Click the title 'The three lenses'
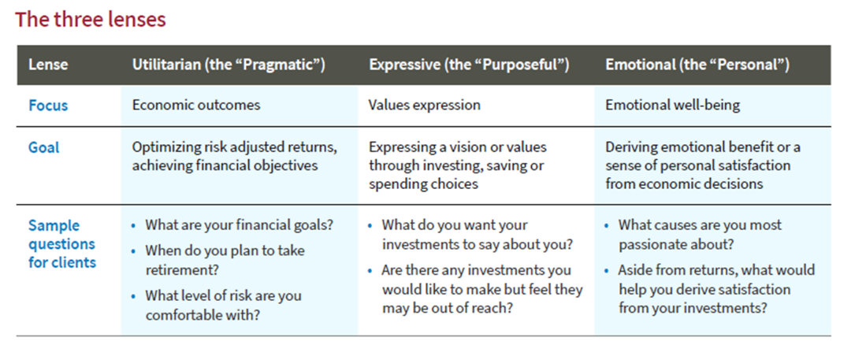click(90, 20)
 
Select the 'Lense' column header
click(48, 65)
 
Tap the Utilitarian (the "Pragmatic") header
click(229, 65)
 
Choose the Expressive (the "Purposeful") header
click(469, 65)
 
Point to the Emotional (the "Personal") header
click(697, 65)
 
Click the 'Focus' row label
click(48, 105)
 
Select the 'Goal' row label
click(43, 148)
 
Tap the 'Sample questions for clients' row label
click(62, 243)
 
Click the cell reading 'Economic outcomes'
click(196, 105)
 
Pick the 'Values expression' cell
click(425, 105)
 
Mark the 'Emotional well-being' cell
click(673, 105)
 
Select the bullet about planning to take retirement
click(225, 260)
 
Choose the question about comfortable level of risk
click(223, 306)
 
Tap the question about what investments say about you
click(477, 234)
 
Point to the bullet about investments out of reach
click(481, 289)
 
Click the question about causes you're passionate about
click(700, 234)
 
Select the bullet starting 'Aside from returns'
click(716, 289)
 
